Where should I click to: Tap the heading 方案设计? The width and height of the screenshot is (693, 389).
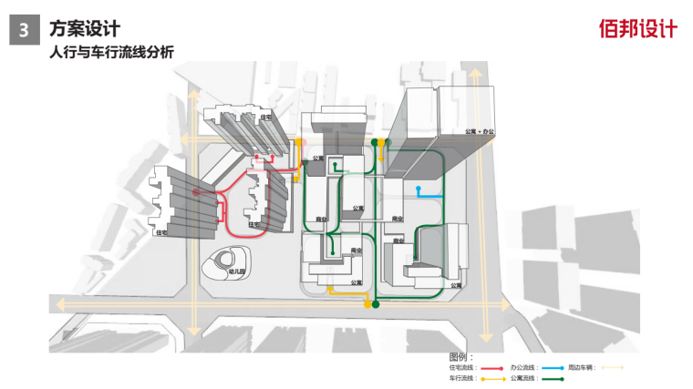85,29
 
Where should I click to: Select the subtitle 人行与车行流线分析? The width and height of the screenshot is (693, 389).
110,52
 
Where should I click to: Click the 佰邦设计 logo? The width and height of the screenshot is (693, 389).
638,29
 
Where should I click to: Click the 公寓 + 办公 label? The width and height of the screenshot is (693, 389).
480,131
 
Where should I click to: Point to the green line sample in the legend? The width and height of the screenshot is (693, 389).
552,378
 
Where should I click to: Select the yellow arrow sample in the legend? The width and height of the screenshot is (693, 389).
493,378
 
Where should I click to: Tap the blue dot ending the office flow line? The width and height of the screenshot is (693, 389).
419,190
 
